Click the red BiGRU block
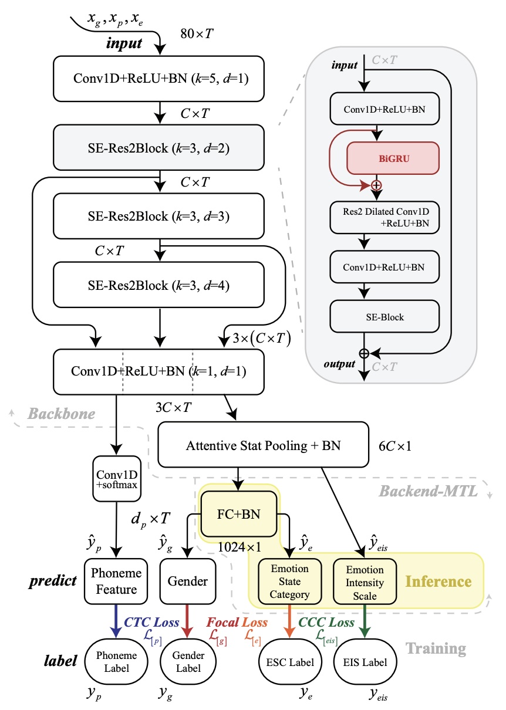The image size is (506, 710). pos(393,158)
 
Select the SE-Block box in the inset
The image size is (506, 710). pos(384,317)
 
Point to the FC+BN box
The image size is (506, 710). pos(239,516)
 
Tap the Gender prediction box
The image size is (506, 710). pos(188,581)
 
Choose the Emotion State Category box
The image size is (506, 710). pos(289,581)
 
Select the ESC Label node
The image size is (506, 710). pos(289,662)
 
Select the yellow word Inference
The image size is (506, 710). pos(438,581)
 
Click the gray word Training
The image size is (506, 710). pos(437,648)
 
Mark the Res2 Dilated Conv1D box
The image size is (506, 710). pos(384,217)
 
